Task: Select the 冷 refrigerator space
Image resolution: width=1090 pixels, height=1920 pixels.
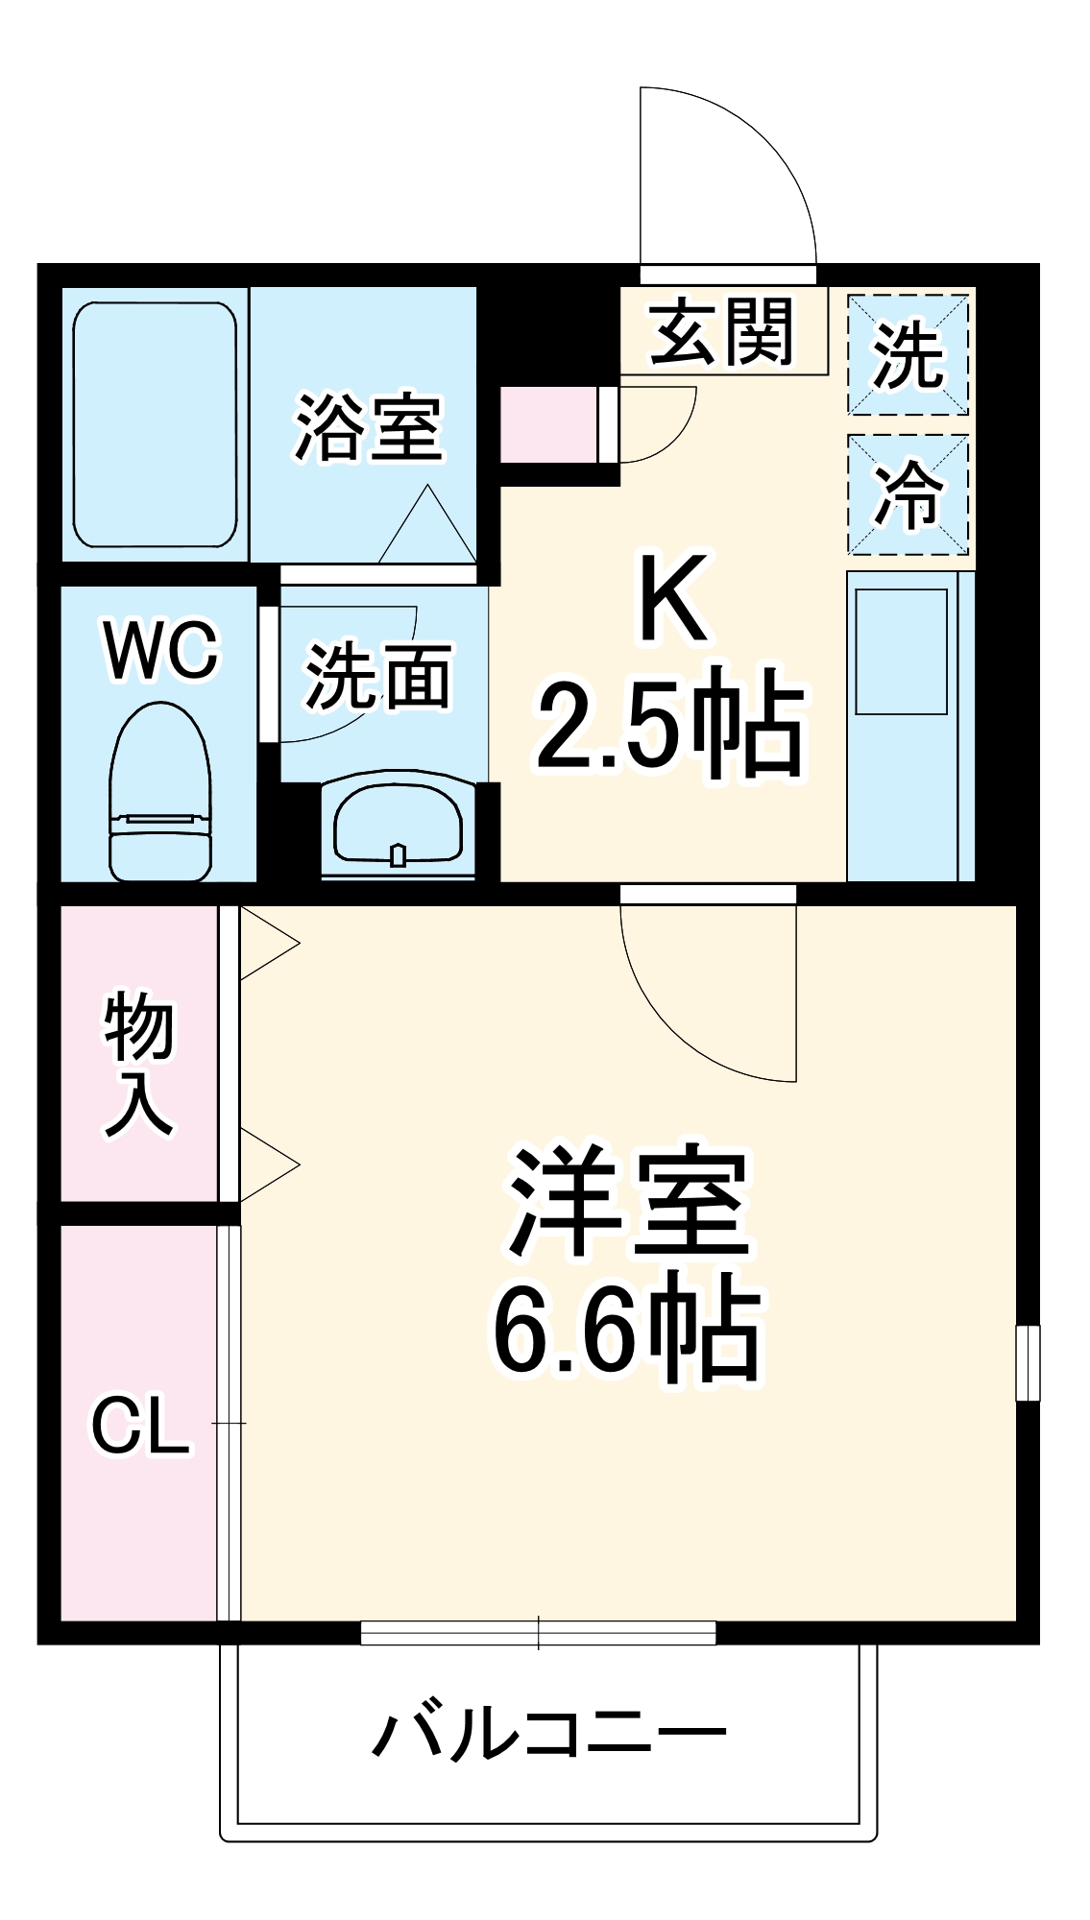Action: coord(908,494)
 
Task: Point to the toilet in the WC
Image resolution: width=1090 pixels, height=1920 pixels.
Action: coord(160,792)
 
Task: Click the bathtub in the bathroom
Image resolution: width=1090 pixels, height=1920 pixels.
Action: coord(156,425)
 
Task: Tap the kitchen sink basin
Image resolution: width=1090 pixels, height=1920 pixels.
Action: coord(901,651)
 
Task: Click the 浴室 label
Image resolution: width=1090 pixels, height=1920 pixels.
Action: coord(368,427)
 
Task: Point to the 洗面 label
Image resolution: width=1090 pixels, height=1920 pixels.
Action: coord(377,677)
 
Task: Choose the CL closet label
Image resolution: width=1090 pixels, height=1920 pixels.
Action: coord(140,1426)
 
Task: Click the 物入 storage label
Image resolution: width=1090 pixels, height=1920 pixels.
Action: coord(139,1066)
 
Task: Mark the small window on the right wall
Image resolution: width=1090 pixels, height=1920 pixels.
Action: coord(1028,1362)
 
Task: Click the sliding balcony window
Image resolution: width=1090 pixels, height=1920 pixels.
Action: coord(538,1632)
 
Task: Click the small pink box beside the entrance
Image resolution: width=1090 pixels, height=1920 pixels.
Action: coord(548,423)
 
